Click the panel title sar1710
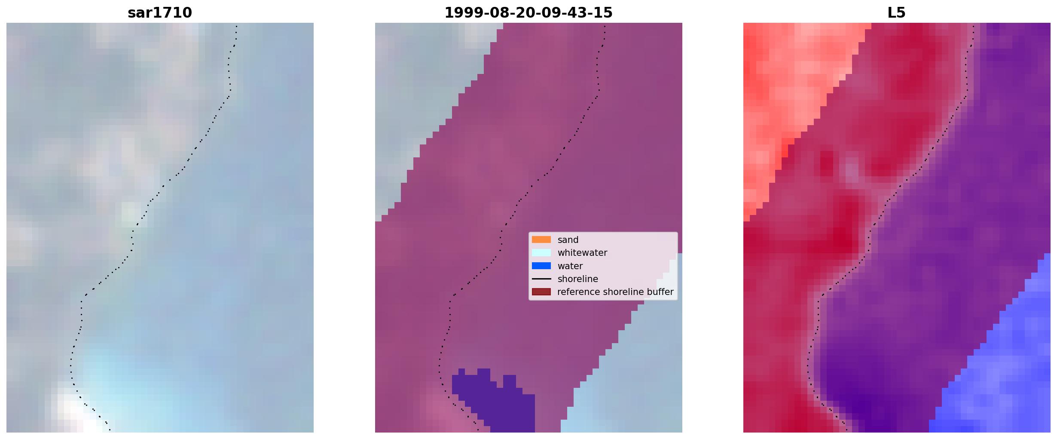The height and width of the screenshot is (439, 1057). [x=160, y=12]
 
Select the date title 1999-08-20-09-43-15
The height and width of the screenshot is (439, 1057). [x=528, y=12]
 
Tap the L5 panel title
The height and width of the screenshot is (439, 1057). [x=897, y=12]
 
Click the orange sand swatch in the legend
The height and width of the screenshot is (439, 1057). [x=541, y=239]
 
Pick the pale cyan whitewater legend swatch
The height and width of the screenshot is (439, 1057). [x=541, y=253]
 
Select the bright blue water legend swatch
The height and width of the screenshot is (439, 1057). [x=541, y=266]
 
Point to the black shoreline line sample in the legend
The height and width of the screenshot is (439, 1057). [x=541, y=279]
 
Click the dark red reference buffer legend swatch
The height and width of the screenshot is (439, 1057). [x=541, y=292]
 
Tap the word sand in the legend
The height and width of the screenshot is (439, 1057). [x=568, y=240]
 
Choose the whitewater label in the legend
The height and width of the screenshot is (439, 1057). [x=582, y=253]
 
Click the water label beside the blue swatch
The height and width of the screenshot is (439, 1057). [x=570, y=266]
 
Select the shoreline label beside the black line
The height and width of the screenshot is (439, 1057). [x=578, y=279]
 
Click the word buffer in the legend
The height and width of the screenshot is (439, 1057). [x=660, y=292]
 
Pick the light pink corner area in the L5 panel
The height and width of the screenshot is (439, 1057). [x=786, y=86]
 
